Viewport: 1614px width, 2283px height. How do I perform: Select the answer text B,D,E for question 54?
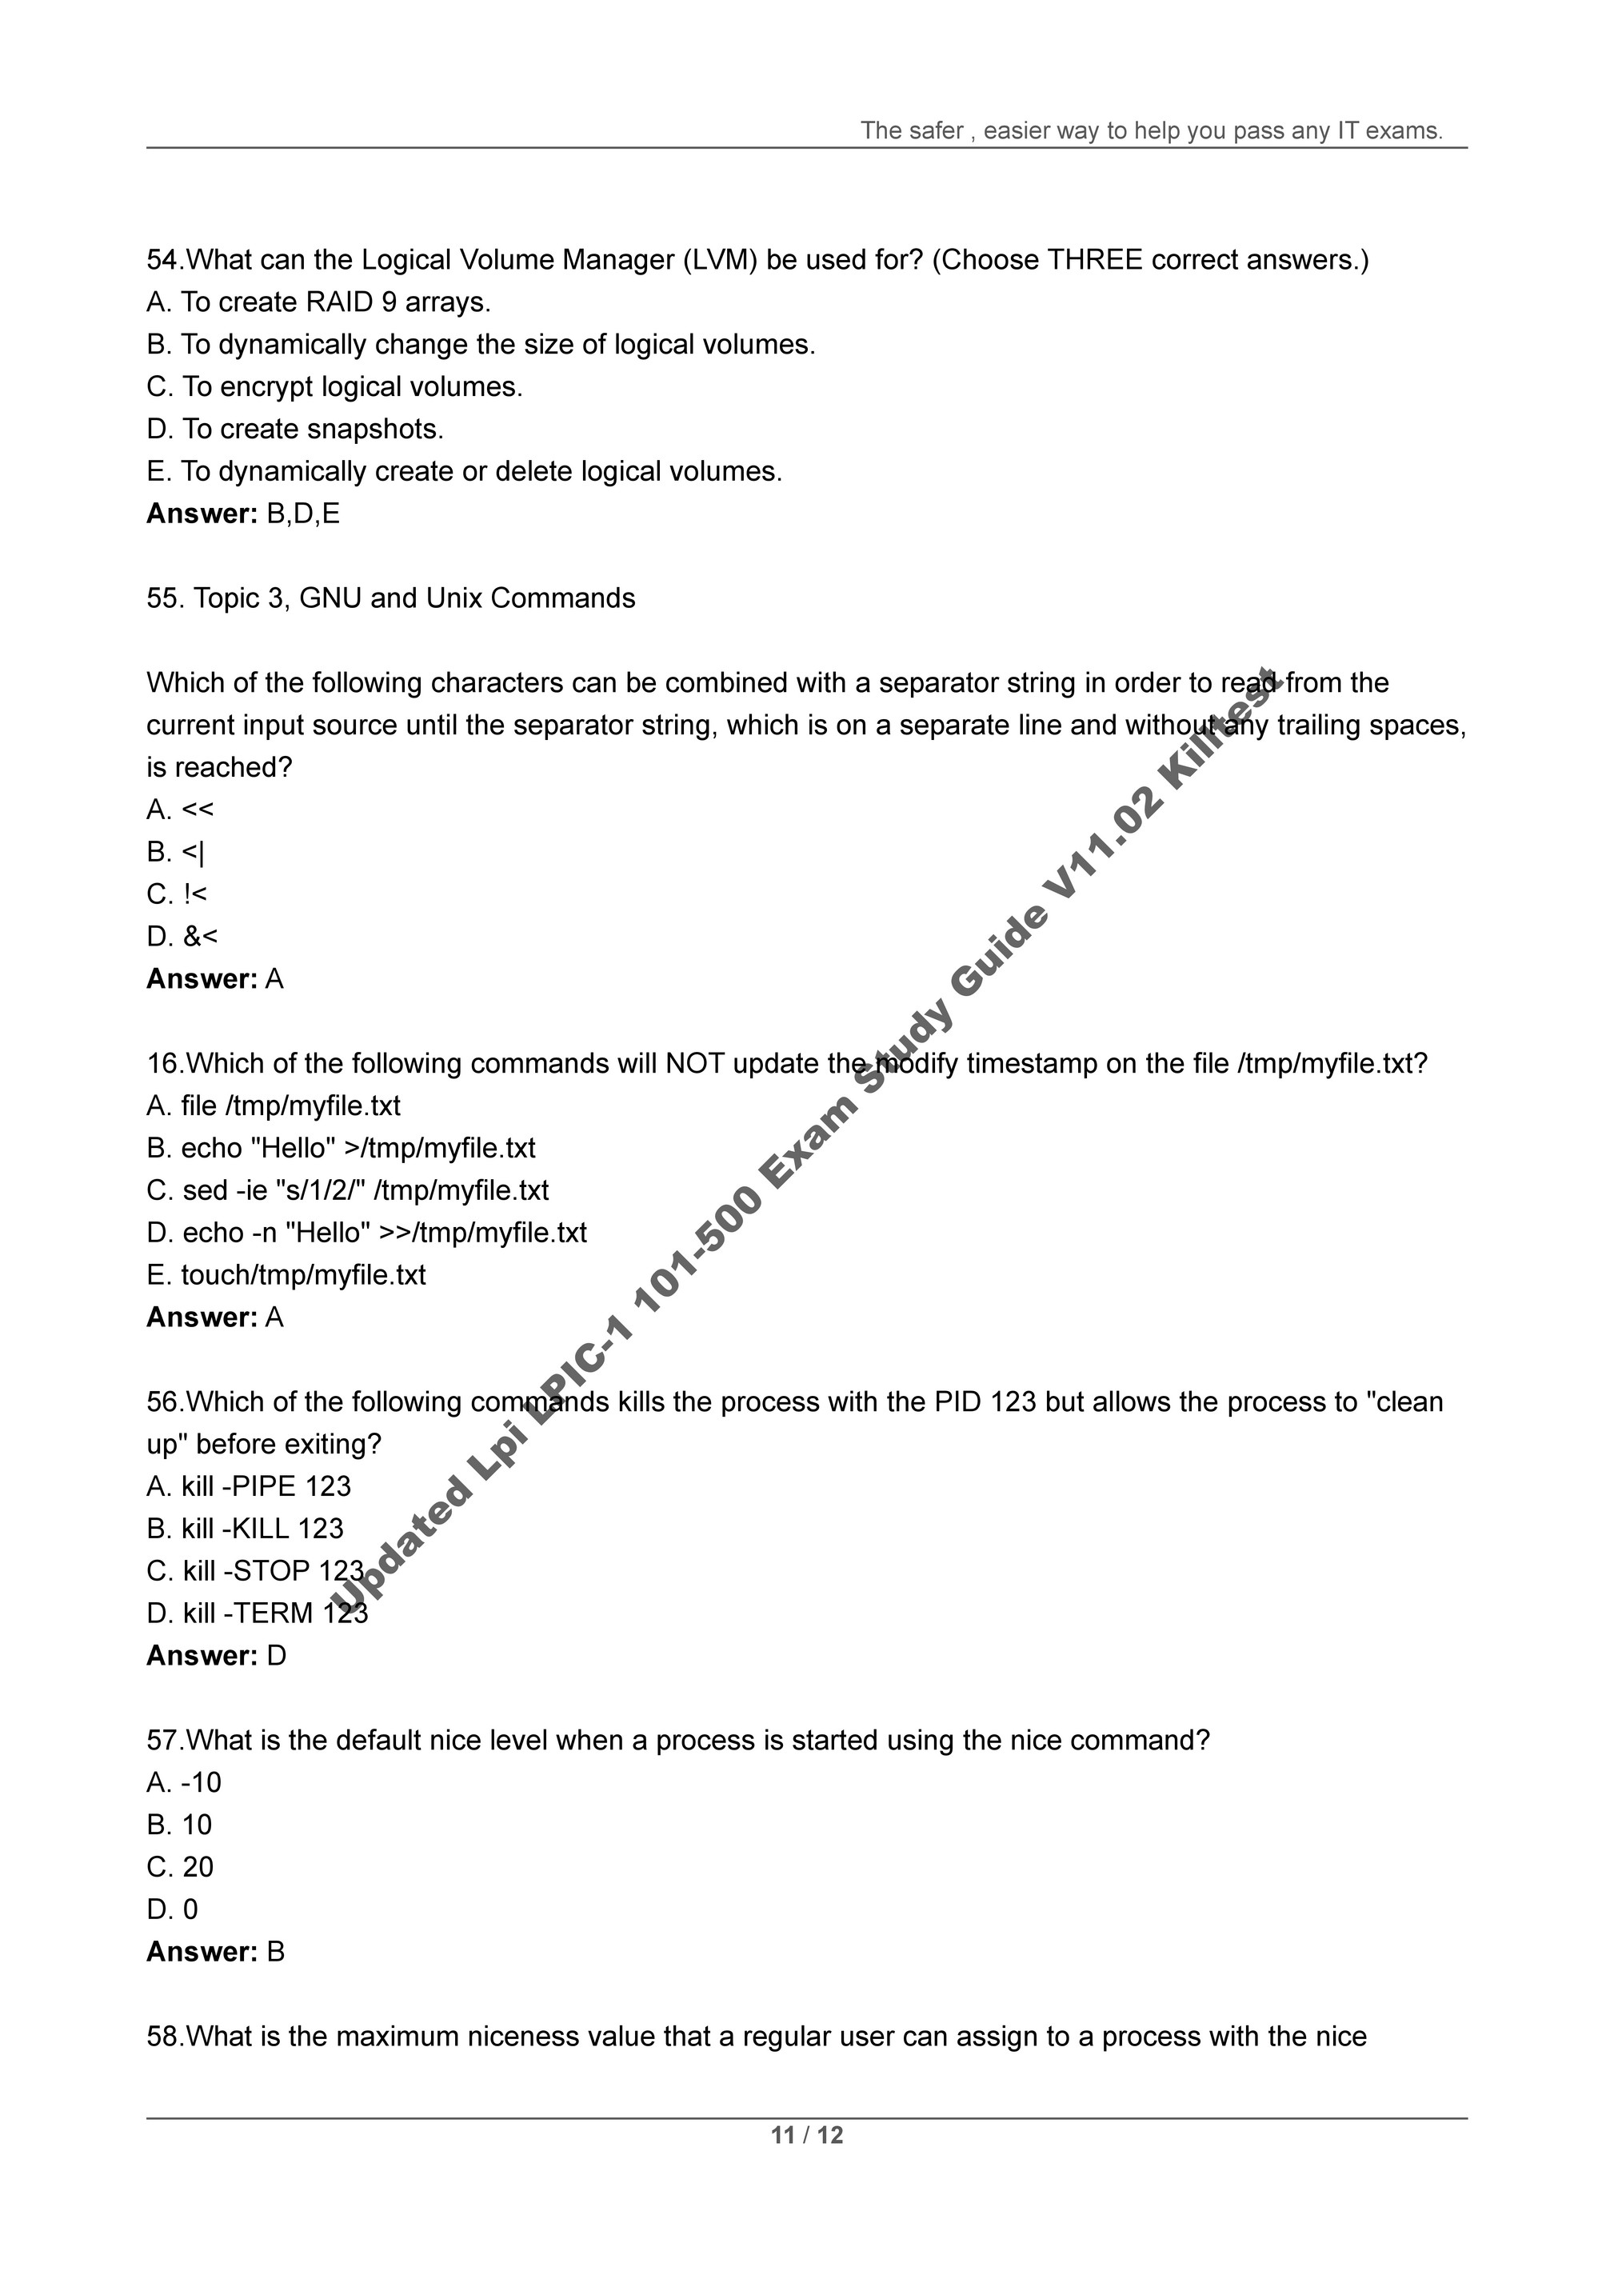(x=303, y=514)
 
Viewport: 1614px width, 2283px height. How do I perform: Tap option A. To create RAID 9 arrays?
(x=318, y=302)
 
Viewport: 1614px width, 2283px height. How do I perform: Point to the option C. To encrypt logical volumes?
(x=334, y=387)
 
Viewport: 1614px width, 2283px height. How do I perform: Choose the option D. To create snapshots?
(x=294, y=430)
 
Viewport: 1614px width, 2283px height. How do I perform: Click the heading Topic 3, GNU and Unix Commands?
(x=413, y=598)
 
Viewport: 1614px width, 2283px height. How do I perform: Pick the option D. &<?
(x=182, y=937)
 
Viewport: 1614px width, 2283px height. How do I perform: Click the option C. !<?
(x=177, y=895)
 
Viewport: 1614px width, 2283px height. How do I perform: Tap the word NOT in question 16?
(x=694, y=1064)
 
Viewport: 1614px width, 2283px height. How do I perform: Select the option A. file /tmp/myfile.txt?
(x=274, y=1106)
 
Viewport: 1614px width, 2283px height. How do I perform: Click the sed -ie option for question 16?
(x=347, y=1190)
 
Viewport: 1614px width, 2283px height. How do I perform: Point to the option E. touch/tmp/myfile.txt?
(x=286, y=1275)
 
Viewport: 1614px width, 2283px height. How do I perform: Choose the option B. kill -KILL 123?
(x=245, y=1529)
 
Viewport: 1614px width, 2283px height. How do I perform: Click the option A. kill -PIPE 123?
(x=249, y=1486)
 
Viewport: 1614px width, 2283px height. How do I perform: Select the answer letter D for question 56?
(x=277, y=1656)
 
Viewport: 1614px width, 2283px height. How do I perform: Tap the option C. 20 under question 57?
(x=180, y=1866)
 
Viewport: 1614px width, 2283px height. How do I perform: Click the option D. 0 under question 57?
(x=172, y=1909)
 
